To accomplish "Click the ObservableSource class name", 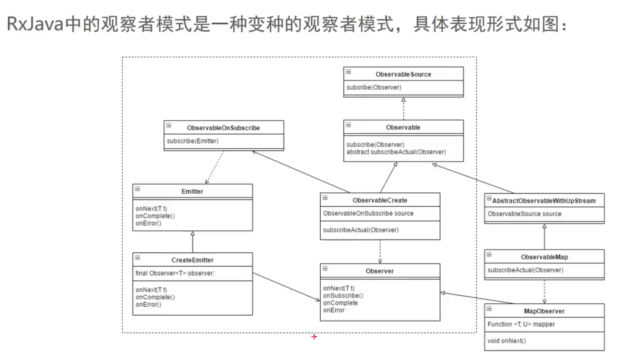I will coord(403,74).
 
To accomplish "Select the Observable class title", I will coord(403,127).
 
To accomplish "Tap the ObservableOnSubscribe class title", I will coord(224,128).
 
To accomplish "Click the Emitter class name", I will coord(193,191).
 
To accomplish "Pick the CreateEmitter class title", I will coord(193,260).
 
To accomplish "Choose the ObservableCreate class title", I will coord(380,200).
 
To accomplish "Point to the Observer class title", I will coord(380,271).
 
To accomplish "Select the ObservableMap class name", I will coord(544,257).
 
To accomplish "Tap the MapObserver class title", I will coord(544,311).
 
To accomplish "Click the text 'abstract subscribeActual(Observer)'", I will coord(396,152).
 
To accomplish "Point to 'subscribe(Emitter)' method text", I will coord(193,141).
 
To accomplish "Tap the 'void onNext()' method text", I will coord(507,341).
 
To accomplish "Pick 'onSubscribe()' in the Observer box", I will coord(343,296).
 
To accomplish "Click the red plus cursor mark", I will coord(314,337).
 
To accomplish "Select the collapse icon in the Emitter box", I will coord(138,189).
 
